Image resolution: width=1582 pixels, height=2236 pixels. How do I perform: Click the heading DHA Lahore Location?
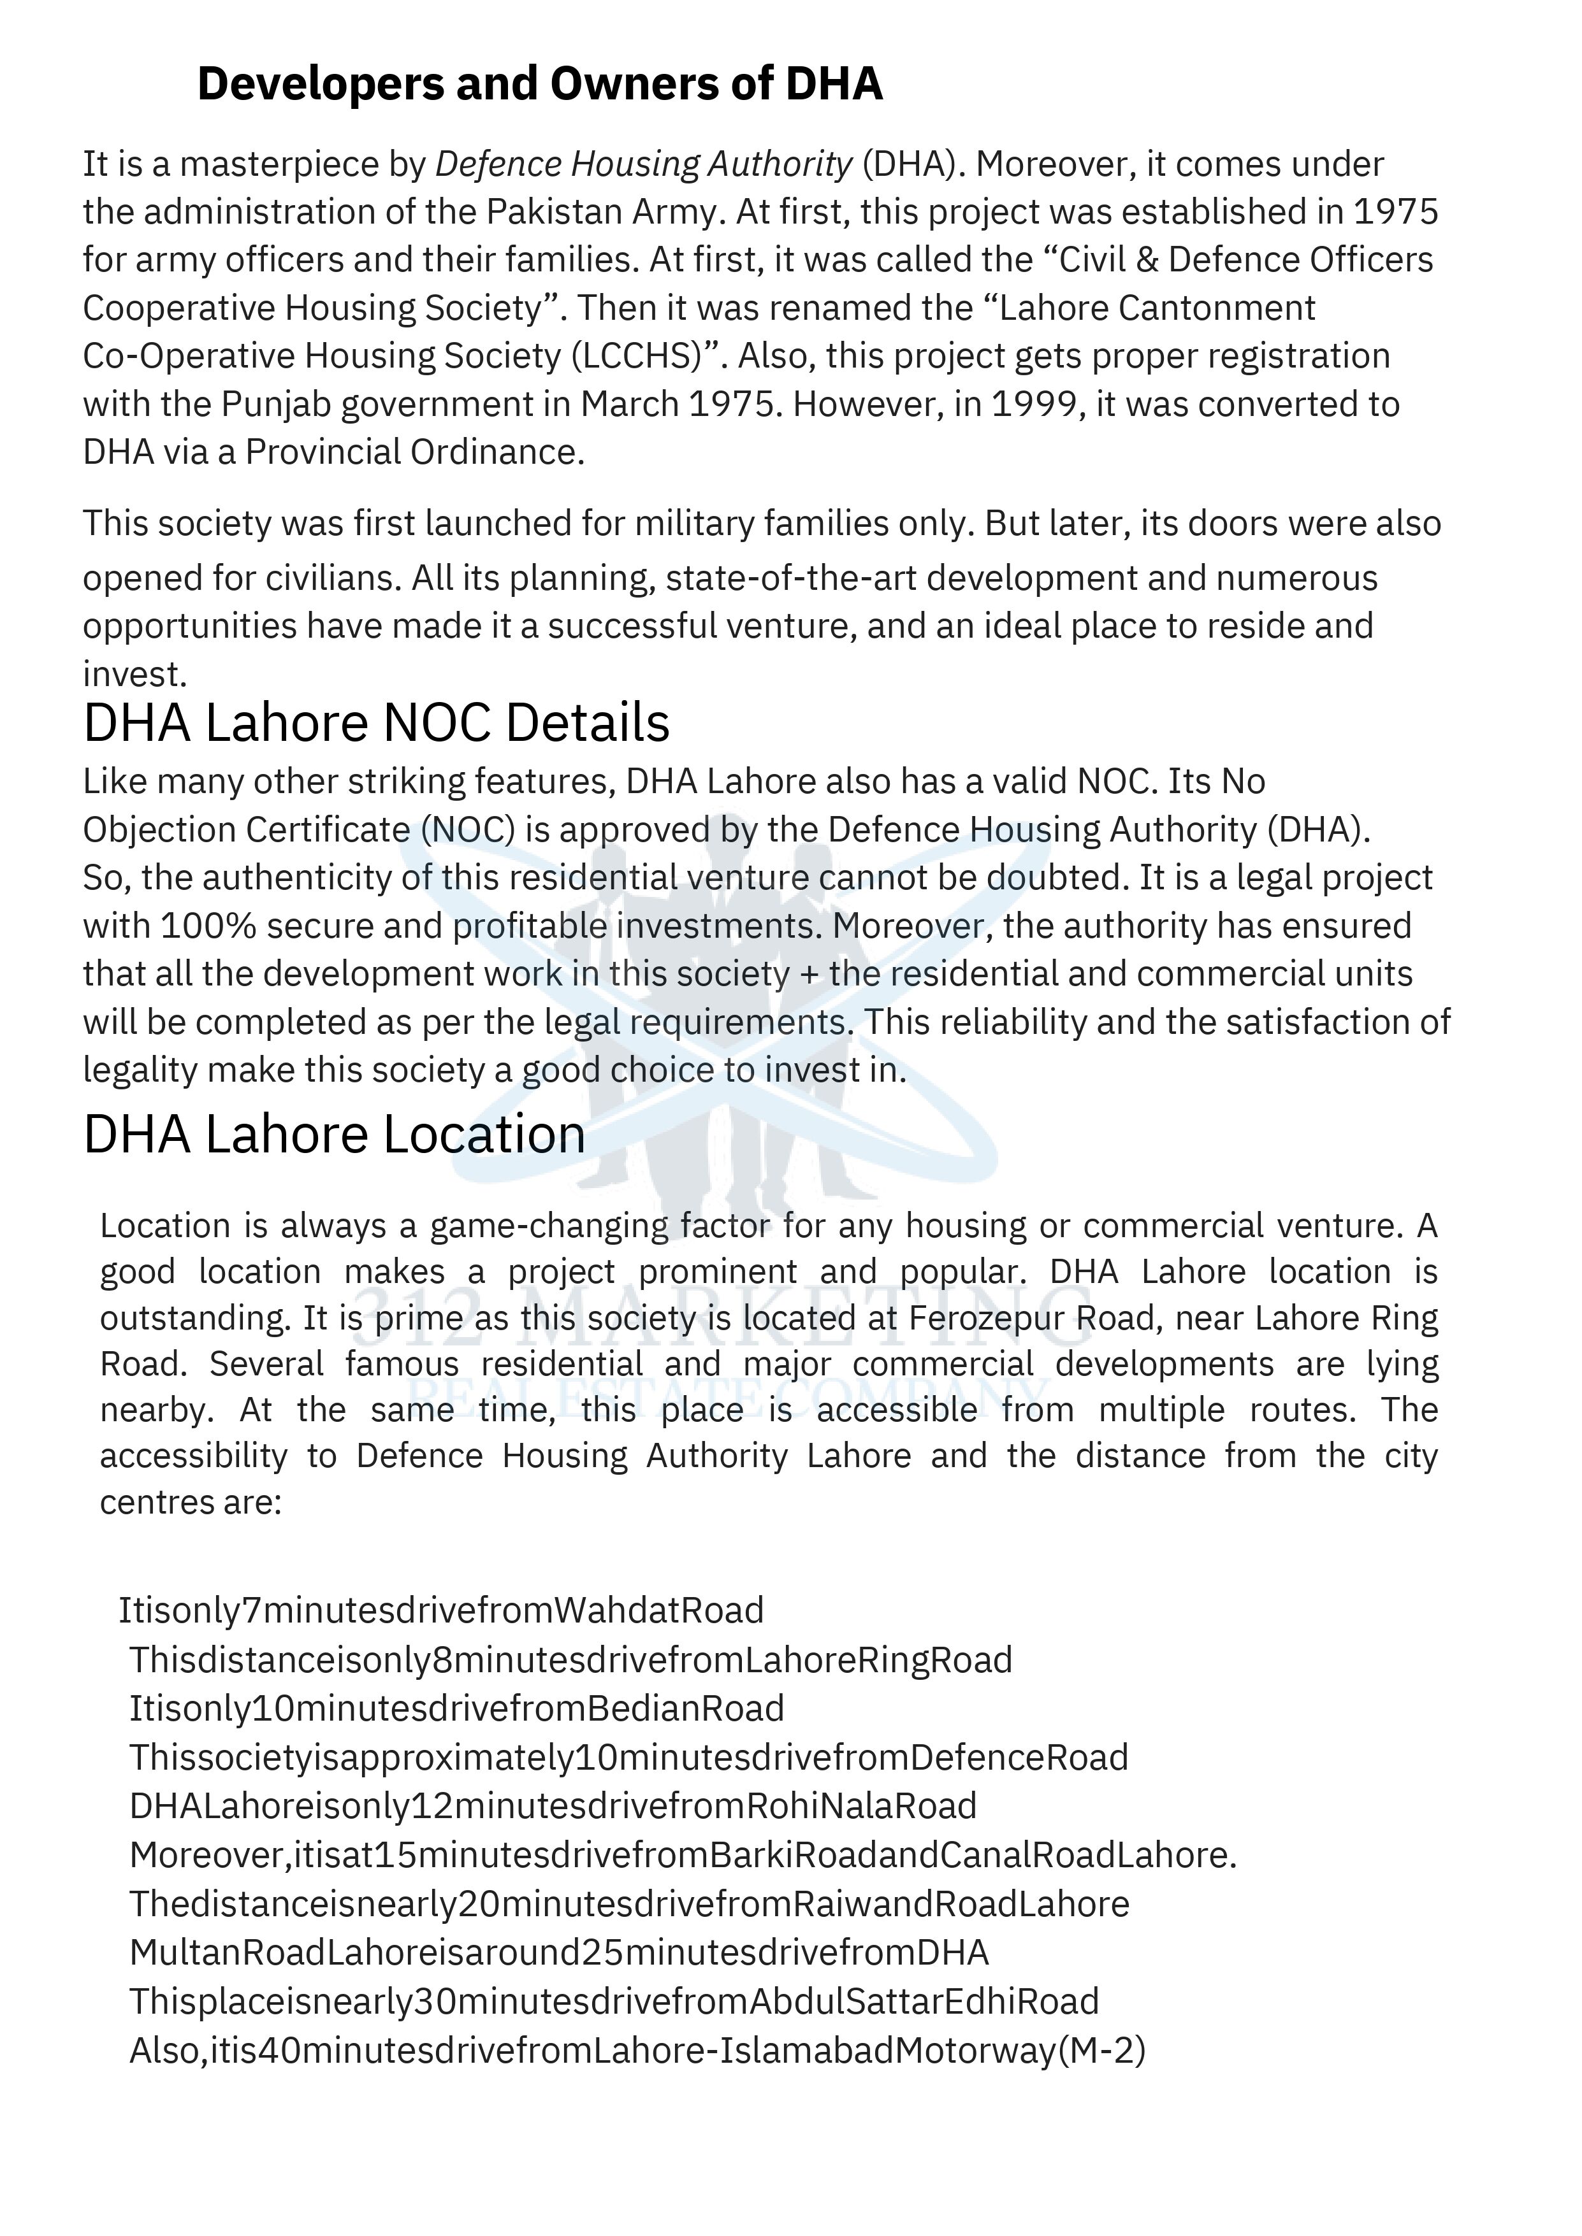click(x=334, y=1135)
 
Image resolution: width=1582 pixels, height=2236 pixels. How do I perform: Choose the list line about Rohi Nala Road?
click(x=553, y=1805)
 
